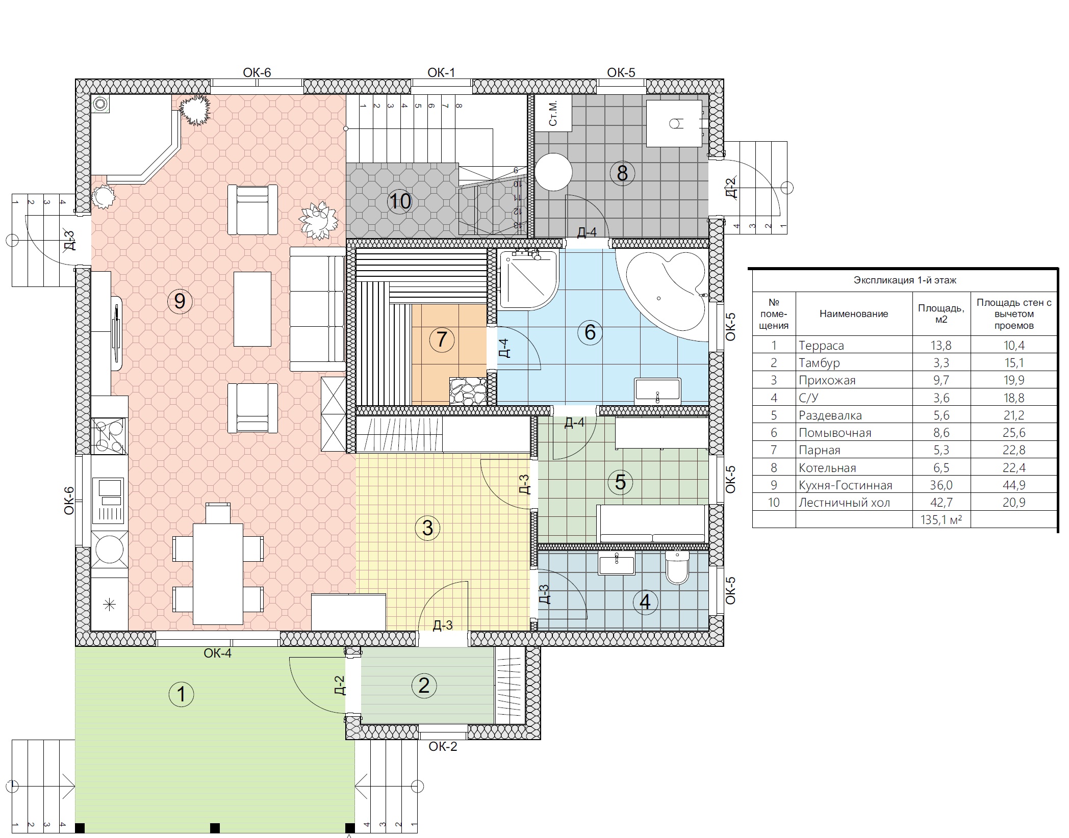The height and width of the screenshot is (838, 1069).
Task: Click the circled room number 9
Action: coord(180,301)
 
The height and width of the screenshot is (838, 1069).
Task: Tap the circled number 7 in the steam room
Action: coord(442,339)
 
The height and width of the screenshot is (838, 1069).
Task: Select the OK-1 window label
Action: coord(441,72)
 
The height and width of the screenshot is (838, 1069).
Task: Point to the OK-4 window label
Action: coord(218,653)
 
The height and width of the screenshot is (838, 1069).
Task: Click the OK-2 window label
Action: coord(443,746)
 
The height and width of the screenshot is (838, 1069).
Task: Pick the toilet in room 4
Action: coord(677,567)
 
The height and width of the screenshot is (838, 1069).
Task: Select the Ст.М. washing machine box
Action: coord(553,113)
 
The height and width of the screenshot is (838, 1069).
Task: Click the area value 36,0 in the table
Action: coord(941,485)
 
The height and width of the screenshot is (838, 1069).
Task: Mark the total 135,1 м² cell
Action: coord(941,520)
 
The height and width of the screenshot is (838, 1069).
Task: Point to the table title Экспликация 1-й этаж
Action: coord(905,280)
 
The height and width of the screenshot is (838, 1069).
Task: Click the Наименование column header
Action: coord(854,314)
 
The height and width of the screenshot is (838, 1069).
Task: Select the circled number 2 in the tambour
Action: coord(424,686)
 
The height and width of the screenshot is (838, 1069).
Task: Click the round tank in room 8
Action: coord(553,172)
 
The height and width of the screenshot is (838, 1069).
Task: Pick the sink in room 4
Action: coord(617,564)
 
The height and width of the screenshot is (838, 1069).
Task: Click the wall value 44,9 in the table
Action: coord(1014,485)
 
